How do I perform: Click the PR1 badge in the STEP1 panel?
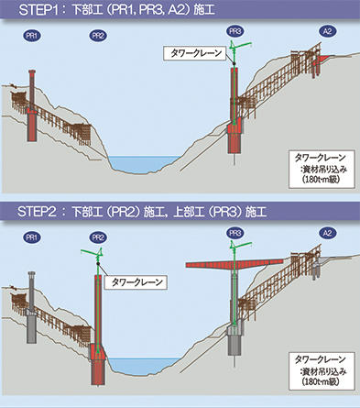(x=32, y=36)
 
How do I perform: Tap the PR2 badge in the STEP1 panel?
(x=98, y=36)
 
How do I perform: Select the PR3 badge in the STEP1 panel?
(x=235, y=31)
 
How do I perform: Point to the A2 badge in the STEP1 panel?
(x=327, y=31)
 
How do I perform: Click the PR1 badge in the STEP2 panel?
(x=32, y=237)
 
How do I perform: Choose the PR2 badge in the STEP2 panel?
(x=98, y=237)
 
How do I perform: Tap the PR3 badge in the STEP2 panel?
(x=235, y=233)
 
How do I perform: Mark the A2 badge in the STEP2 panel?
(x=327, y=233)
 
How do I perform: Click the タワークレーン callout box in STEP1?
(x=196, y=53)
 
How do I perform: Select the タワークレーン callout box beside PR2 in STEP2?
(x=136, y=281)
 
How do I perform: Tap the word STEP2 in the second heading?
(x=37, y=212)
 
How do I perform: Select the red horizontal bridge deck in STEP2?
(x=235, y=263)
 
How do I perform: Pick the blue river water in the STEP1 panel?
(x=144, y=163)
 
